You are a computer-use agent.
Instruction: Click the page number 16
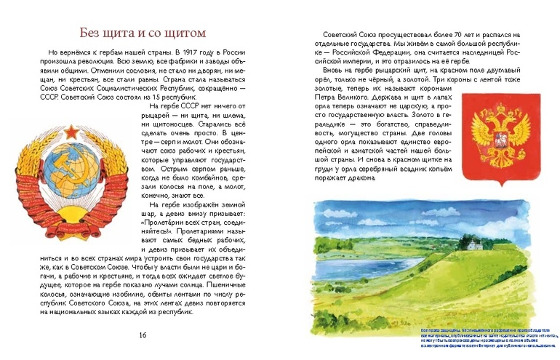pos(143,335)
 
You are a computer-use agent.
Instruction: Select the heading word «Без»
pos(92,33)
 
